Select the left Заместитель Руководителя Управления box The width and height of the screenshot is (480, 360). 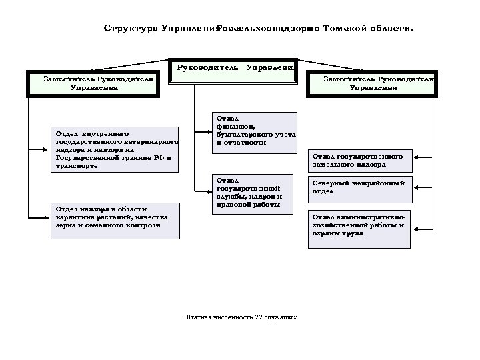(93, 83)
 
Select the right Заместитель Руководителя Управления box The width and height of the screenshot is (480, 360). (379, 83)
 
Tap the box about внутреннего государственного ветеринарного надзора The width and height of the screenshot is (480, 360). (115, 150)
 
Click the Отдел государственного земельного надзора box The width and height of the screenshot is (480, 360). (360, 160)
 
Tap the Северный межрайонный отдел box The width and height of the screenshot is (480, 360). (360, 188)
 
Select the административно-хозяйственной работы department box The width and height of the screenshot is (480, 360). (360, 229)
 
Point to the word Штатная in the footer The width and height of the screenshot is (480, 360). (198, 316)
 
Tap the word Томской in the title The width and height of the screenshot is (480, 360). (344, 30)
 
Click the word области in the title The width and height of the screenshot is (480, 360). (390, 30)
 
